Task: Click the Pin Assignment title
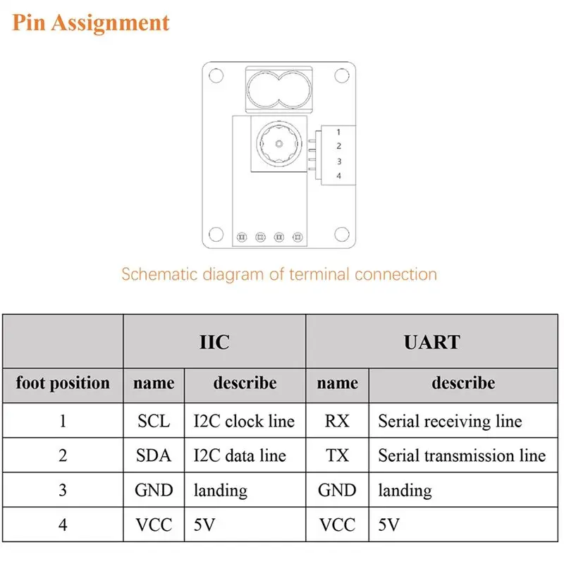(91, 23)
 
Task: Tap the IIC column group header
(214, 342)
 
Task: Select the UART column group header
(432, 342)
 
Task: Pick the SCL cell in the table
(154, 421)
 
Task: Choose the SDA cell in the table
(154, 455)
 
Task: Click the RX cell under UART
(337, 421)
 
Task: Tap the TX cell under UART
(337, 455)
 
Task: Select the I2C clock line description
(244, 421)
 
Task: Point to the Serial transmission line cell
(462, 455)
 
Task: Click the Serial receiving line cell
(450, 421)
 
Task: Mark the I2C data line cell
(240, 455)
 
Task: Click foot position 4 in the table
(63, 525)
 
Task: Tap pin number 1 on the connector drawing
(338, 132)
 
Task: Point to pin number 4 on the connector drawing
(338, 176)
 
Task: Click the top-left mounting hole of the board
(216, 75)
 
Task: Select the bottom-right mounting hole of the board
(342, 234)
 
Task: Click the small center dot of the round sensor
(278, 144)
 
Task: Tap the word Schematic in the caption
(160, 274)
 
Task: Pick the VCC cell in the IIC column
(154, 525)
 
